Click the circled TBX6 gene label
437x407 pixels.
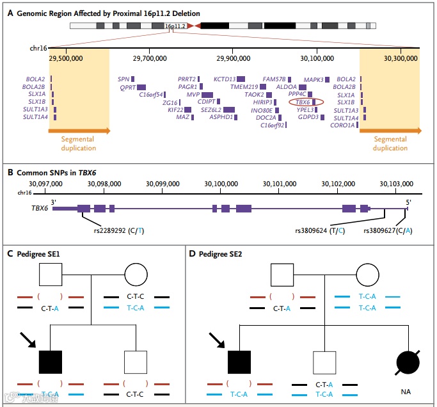click(x=303, y=102)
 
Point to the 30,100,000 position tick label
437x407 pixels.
click(x=317, y=58)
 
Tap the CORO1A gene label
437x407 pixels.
click(x=342, y=125)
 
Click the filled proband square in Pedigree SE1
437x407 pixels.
click(x=51, y=362)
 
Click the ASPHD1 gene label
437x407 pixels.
click(x=221, y=117)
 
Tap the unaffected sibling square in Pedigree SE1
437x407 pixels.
click(x=136, y=362)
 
